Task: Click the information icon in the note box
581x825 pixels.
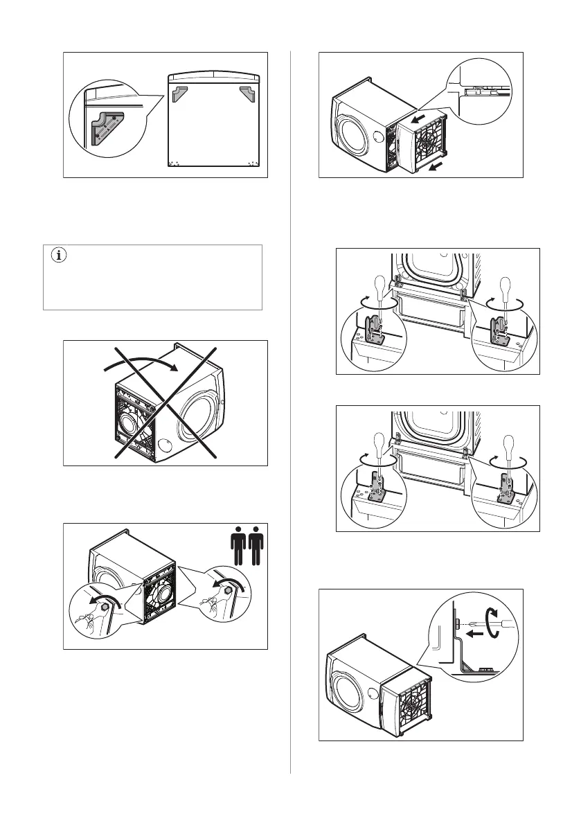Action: point(58,256)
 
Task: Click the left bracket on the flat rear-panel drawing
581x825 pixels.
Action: point(180,95)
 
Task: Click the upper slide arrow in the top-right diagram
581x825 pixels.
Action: point(418,119)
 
